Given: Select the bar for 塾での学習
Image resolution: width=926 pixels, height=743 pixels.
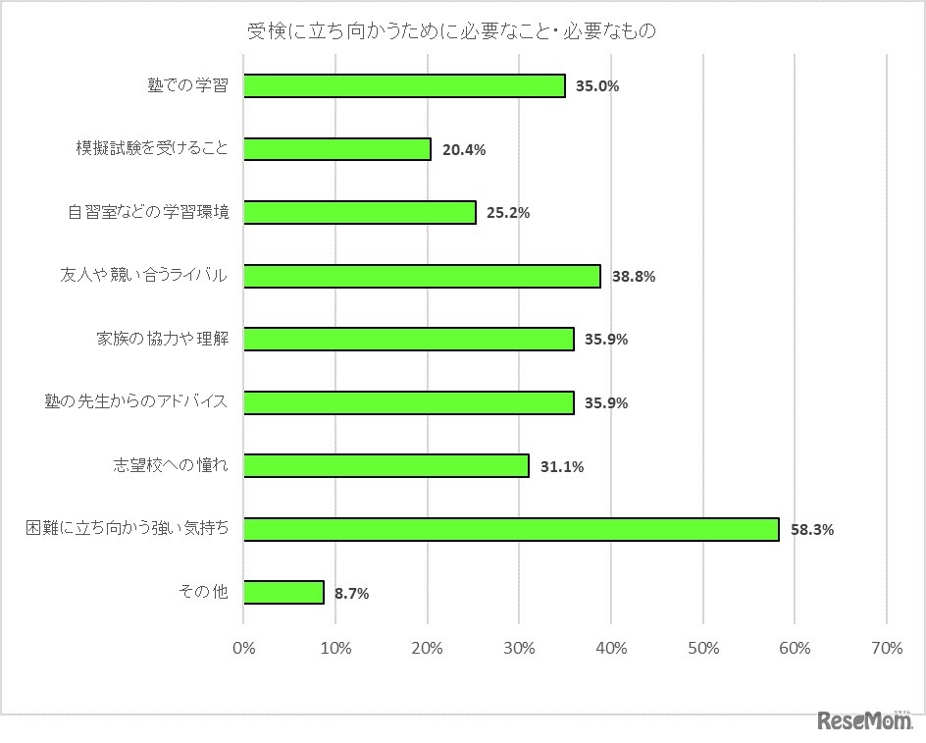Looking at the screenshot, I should pos(404,86).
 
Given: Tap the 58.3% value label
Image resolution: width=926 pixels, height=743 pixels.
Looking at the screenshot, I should pos(811,530).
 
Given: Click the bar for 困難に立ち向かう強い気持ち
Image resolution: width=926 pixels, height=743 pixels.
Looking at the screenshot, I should pos(511,530).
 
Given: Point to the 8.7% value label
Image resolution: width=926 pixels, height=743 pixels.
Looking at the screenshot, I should pos(351,593).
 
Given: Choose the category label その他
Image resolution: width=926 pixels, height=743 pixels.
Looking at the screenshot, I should pos(203,592).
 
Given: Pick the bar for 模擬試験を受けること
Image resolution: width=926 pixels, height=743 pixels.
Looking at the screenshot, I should pos(336,149).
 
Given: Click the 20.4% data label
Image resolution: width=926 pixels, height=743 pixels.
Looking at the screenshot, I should pos(464,150).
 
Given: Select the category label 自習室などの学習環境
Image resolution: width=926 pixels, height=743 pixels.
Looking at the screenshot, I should pos(149,212).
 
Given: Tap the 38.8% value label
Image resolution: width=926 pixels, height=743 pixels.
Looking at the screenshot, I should pos(633,277).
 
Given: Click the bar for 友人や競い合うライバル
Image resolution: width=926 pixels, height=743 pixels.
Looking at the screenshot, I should pos(422,277).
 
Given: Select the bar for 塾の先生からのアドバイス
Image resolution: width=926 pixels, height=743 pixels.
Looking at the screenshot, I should pos(408,402).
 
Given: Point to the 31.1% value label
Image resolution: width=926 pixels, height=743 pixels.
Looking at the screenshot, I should pos(562,467).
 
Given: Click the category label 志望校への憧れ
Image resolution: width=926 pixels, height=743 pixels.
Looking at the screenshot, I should pos(170,465).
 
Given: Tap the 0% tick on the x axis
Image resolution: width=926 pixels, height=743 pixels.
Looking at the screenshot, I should pos(243,648).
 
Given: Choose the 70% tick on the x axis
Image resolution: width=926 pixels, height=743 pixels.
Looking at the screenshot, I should pos(887,648).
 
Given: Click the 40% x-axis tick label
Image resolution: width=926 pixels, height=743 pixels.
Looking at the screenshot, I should pos(611,648).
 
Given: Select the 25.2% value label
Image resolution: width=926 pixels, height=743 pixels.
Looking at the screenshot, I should pos(508,213).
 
